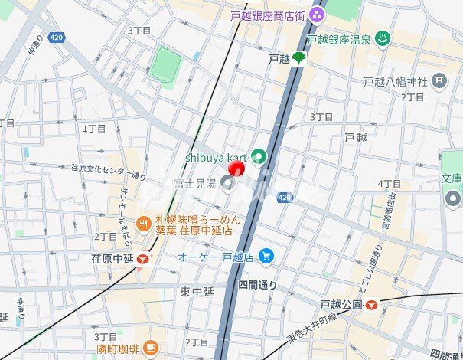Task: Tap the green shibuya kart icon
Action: (x=259, y=157)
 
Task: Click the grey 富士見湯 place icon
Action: (x=227, y=182)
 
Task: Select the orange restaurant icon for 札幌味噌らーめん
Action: (x=142, y=224)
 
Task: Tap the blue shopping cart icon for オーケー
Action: (x=266, y=256)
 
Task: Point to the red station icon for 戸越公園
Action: (x=372, y=305)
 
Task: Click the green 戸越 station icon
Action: (x=298, y=58)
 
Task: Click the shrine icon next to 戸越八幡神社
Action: (x=439, y=80)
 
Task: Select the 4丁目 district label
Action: (x=390, y=184)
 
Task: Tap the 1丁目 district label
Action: (x=95, y=129)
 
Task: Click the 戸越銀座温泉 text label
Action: (x=338, y=39)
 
